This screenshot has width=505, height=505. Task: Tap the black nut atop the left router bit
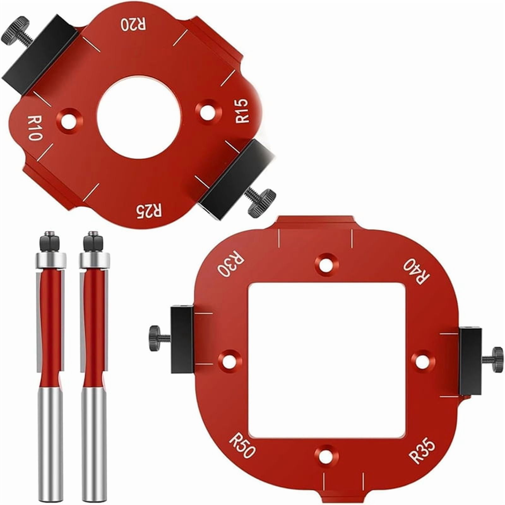tap(49, 241)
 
